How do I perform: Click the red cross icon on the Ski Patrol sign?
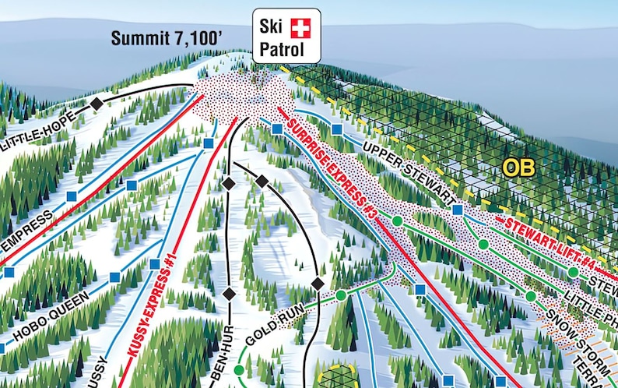pyautogui.click(x=300, y=29)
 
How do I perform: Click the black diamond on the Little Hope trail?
pyautogui.click(x=97, y=103)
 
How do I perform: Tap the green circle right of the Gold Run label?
pyautogui.click(x=341, y=296)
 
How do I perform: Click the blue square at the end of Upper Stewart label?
pyautogui.click(x=458, y=210)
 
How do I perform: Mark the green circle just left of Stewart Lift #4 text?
pyautogui.click(x=483, y=244)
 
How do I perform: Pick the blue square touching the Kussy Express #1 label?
pyautogui.click(x=155, y=264)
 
